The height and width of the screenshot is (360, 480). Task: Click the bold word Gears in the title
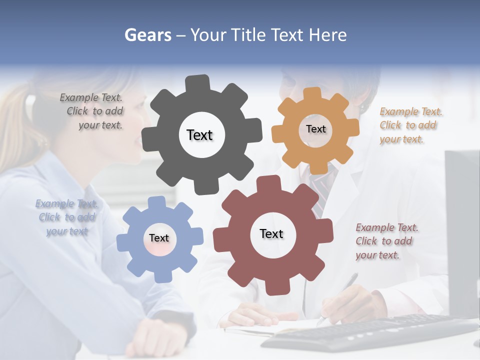click(147, 35)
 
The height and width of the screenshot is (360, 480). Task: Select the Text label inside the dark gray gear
click(199, 135)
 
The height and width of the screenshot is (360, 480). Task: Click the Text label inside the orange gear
click(315, 129)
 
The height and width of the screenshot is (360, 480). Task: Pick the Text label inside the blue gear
click(159, 238)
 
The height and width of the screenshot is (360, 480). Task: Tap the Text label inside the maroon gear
click(271, 233)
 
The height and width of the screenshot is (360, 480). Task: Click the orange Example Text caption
click(410, 125)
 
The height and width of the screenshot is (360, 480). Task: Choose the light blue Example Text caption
click(66, 217)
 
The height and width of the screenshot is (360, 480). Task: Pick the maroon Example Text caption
click(386, 241)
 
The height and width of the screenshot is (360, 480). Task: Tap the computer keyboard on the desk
click(370, 332)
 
